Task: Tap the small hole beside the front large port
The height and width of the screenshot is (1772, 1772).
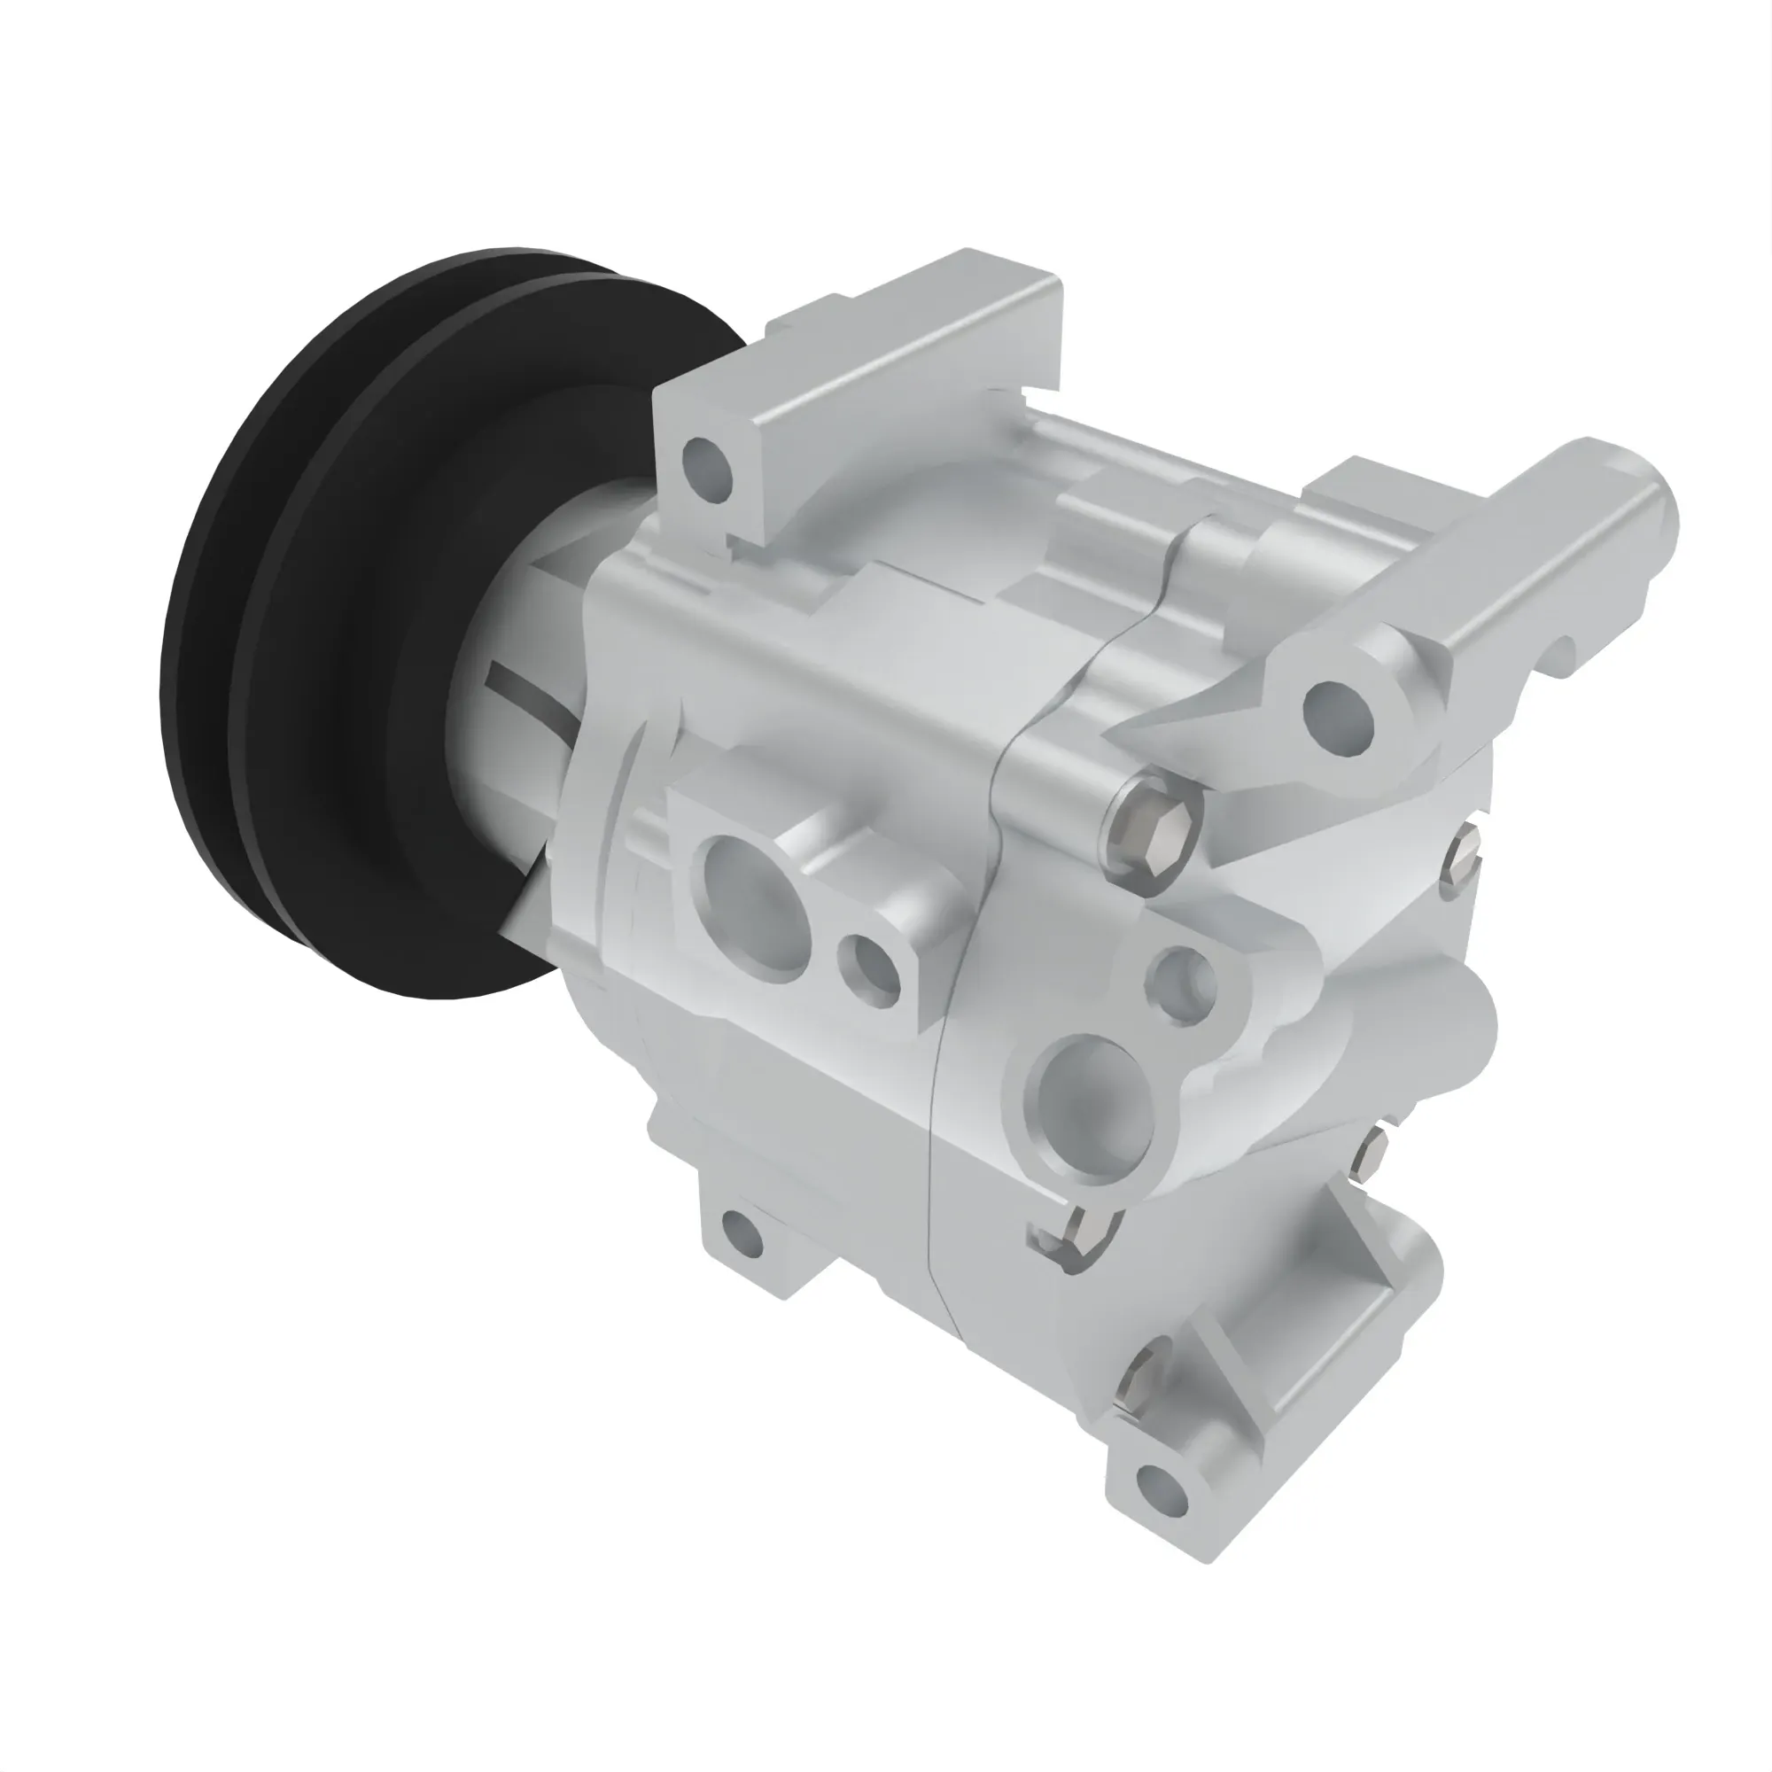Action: click(x=868, y=969)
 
